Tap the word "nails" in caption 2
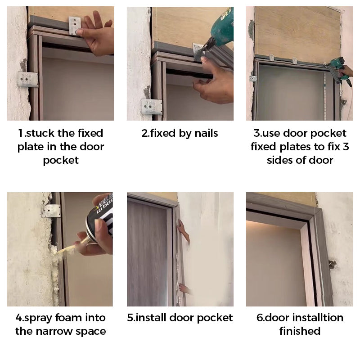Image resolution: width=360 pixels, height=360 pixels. [x=206, y=133]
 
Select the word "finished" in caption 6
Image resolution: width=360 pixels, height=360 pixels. [x=300, y=331]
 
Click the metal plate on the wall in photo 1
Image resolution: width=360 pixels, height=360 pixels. [x=27, y=79]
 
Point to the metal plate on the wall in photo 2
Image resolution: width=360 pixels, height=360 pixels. [x=152, y=107]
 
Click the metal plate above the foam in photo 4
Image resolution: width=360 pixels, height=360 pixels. [x=51, y=211]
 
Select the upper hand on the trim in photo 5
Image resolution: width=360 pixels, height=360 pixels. [x=184, y=230]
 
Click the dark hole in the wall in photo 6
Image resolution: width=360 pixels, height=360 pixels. [x=332, y=264]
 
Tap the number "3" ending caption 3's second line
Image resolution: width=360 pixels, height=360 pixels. [x=346, y=147]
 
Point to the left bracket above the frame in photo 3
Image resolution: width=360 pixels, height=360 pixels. [x=272, y=58]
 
